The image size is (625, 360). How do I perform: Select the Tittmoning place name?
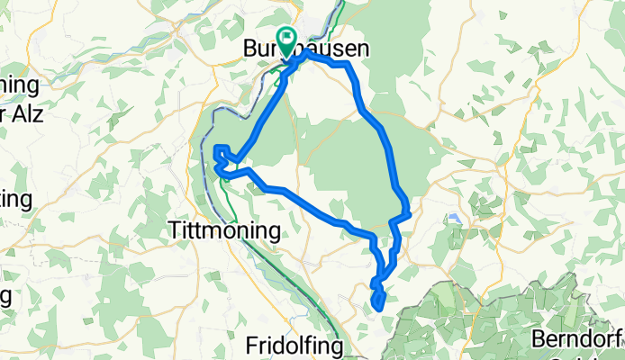224,231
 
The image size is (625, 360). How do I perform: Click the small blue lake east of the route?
452,218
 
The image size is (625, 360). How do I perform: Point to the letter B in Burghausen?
251,51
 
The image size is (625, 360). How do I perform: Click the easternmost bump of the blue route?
408,212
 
